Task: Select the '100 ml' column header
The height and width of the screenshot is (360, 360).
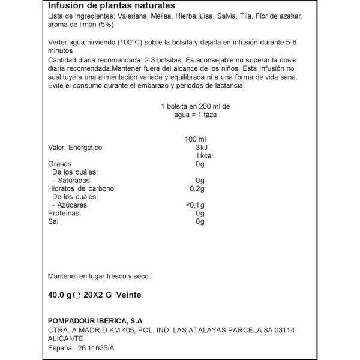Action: pyautogui.click(x=196, y=139)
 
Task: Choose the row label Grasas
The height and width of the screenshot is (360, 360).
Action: pyautogui.click(x=59, y=164)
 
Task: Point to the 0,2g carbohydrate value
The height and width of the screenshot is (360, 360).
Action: pyautogui.click(x=197, y=188)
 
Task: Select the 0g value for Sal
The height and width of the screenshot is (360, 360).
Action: pyautogui.click(x=200, y=221)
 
